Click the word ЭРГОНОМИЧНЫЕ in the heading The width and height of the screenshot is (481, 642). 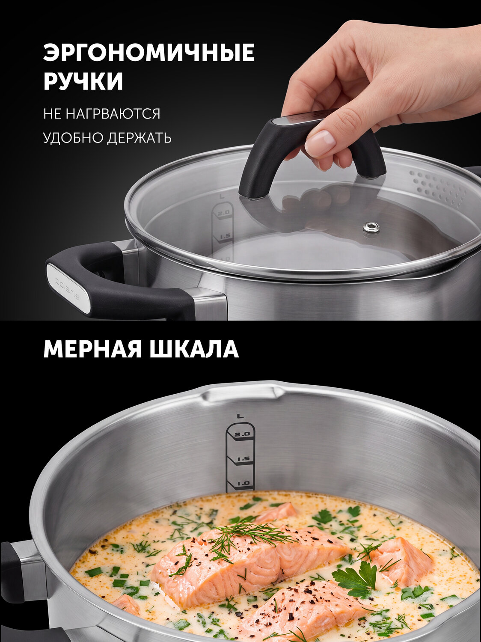click(x=149, y=52)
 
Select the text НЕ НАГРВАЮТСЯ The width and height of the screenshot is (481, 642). click(x=102, y=113)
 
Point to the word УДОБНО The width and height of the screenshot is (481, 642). click(x=73, y=138)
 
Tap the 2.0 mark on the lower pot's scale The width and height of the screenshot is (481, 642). click(x=242, y=434)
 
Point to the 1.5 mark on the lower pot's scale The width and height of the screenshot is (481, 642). click(x=243, y=459)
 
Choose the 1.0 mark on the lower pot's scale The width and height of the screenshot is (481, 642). click(x=243, y=483)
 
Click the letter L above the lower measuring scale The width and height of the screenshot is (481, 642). click(x=240, y=415)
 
